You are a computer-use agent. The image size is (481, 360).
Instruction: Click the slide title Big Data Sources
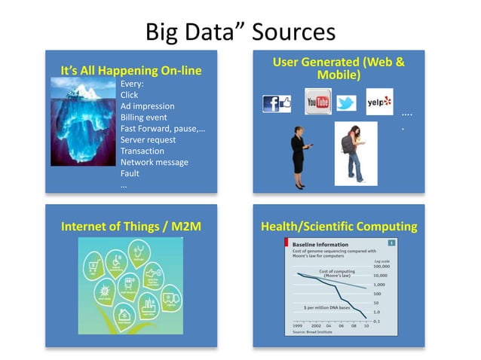click(x=240, y=32)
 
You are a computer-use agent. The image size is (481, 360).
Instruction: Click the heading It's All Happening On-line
click(x=131, y=71)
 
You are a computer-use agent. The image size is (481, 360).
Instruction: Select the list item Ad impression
click(x=147, y=106)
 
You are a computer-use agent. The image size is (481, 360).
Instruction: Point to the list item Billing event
click(x=144, y=117)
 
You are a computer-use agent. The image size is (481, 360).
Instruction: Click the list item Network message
click(x=154, y=162)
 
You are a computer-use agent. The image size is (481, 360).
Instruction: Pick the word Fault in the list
click(x=130, y=173)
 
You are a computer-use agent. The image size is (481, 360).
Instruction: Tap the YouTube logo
click(x=318, y=102)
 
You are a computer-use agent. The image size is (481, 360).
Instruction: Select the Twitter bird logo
click(x=346, y=103)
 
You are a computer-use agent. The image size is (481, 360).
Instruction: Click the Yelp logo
click(x=378, y=102)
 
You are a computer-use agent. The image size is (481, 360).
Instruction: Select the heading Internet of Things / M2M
click(x=130, y=225)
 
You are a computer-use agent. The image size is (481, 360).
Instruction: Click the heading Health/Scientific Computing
click(x=339, y=225)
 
